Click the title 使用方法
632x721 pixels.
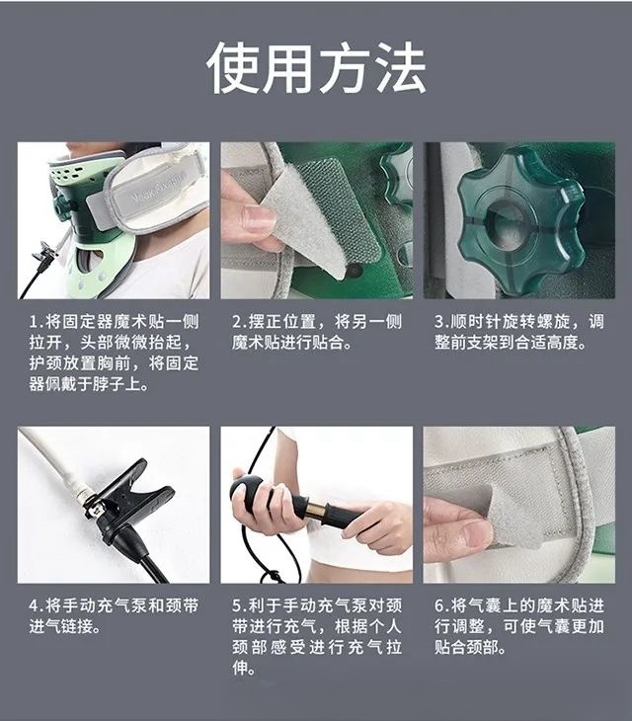pyautogui.click(x=316, y=68)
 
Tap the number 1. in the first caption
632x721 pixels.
pyautogui.click(x=37, y=321)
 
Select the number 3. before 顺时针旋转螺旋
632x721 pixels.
pyautogui.click(x=441, y=321)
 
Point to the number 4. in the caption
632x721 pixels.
pyautogui.click(x=37, y=605)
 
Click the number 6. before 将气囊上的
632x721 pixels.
pyautogui.click(x=441, y=605)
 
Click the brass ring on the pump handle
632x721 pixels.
pyautogui.click(x=317, y=511)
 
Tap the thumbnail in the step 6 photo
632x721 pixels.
pyautogui.click(x=477, y=536)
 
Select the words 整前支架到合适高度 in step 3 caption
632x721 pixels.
pyautogui.click(x=511, y=343)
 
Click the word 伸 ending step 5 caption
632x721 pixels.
pyautogui.click(x=240, y=669)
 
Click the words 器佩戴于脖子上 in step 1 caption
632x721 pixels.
pyautogui.click(x=86, y=384)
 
